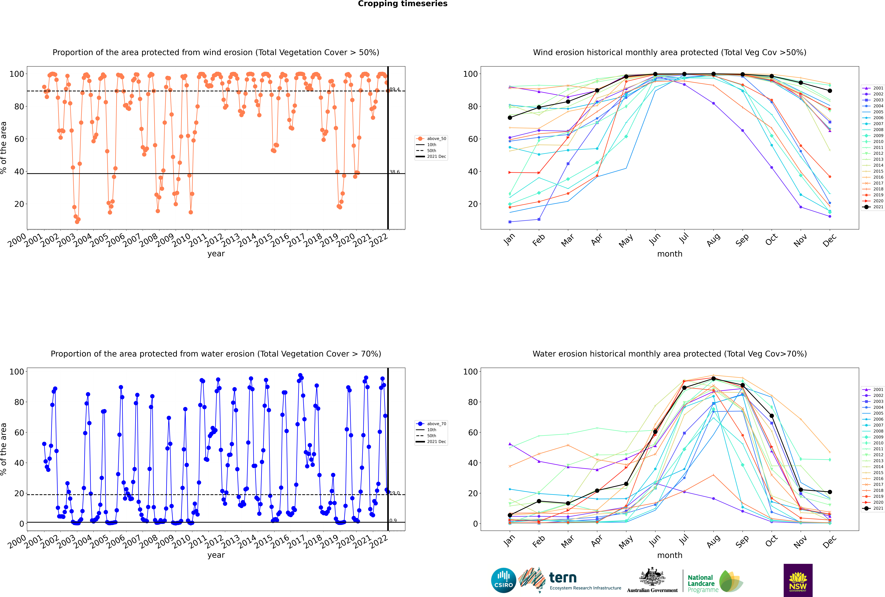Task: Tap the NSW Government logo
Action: pyautogui.click(x=798, y=580)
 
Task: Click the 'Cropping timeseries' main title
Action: pyautogui.click(x=403, y=4)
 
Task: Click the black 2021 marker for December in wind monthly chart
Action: pyautogui.click(x=830, y=91)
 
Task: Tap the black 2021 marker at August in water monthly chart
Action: pyautogui.click(x=713, y=378)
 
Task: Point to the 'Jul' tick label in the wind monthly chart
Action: pyautogui.click(x=684, y=238)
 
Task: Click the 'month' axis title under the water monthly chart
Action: pyautogui.click(x=670, y=555)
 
